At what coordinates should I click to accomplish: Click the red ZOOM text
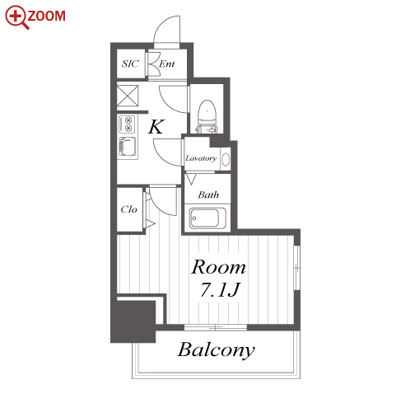pyautogui.click(x=47, y=16)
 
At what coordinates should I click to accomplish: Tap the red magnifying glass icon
pyautogui.click(x=17, y=17)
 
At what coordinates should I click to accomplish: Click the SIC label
pyautogui.click(x=130, y=63)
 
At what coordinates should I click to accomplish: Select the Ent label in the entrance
pyautogui.click(x=167, y=64)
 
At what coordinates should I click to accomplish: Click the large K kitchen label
pyautogui.click(x=156, y=127)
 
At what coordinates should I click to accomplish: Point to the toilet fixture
pyautogui.click(x=207, y=116)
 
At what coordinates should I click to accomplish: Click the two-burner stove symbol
pyautogui.click(x=127, y=124)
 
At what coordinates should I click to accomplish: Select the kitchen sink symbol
pyautogui.click(x=128, y=147)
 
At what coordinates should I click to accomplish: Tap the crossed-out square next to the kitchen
pyautogui.click(x=128, y=96)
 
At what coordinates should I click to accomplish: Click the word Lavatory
pyautogui.click(x=201, y=158)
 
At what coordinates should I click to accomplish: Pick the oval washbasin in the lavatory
pyautogui.click(x=226, y=159)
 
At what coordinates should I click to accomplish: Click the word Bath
pyautogui.click(x=208, y=195)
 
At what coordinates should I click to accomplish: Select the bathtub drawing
pyautogui.click(x=207, y=218)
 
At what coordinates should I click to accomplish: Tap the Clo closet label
pyautogui.click(x=128, y=209)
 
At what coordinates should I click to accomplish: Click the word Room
pyautogui.click(x=218, y=267)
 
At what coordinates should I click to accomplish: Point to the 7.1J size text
pyautogui.click(x=221, y=289)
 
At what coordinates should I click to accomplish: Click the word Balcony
pyautogui.click(x=217, y=350)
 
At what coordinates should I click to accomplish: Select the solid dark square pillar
pyautogui.click(x=133, y=321)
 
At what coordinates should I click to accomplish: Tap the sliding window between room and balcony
pyautogui.click(x=216, y=327)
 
